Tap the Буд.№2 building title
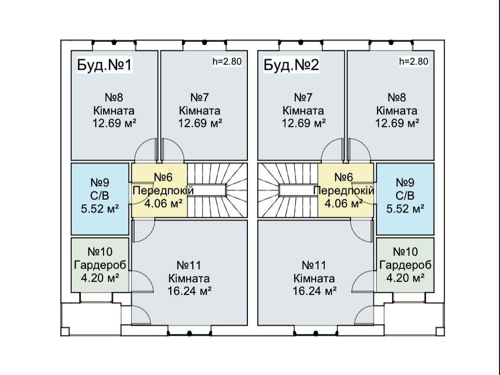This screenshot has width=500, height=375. point(291,66)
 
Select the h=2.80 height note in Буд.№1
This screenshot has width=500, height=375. point(227,61)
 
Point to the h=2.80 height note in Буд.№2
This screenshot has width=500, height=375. point(414,61)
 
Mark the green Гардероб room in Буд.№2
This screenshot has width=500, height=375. point(405,265)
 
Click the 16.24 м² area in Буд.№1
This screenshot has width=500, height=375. point(189,291)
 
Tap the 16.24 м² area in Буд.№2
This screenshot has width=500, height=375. point(314,291)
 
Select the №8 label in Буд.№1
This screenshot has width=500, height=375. point(114,97)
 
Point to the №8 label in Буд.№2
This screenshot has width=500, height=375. point(396,97)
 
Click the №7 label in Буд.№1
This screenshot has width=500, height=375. point(199,97)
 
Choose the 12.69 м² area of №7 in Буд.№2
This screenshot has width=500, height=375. point(304,123)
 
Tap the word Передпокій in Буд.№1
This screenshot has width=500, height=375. point(163,191)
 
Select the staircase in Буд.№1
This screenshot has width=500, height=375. point(217,190)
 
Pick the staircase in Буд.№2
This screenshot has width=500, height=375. point(287,190)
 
